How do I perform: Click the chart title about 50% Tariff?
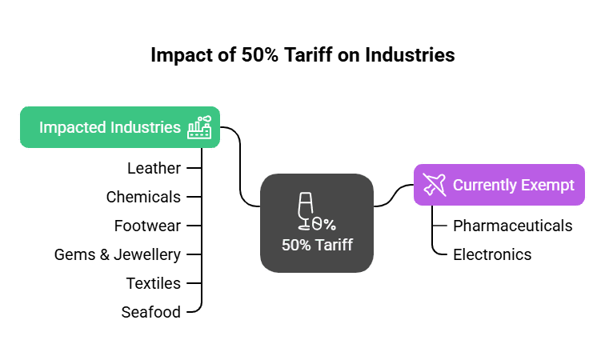coord(302,55)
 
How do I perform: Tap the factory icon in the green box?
coord(199,128)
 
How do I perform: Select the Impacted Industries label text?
coord(110,127)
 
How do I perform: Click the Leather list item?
coord(154,168)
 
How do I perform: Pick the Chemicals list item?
coord(143,197)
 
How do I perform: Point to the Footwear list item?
coord(147,226)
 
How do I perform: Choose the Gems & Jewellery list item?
coord(118,254)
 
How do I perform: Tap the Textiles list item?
coord(153,283)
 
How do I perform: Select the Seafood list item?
coord(150,312)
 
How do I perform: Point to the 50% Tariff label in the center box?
coord(317,245)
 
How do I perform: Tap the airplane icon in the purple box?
coord(435,185)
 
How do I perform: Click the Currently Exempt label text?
coord(513,185)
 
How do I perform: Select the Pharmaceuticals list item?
coord(512,226)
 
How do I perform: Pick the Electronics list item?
coord(492,254)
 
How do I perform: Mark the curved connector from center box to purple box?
coord(393,196)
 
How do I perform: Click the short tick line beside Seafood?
coord(192,312)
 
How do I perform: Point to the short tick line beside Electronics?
coord(439,254)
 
